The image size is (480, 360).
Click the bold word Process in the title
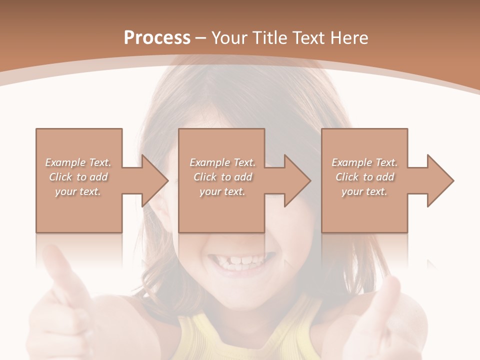point(157,37)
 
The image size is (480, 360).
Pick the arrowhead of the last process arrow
point(440,180)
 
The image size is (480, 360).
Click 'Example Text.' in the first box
point(78,162)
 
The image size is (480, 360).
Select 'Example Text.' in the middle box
point(222,162)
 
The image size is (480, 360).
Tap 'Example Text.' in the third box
point(364,162)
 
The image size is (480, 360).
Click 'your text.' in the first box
point(78,191)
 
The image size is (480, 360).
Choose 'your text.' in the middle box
point(222,191)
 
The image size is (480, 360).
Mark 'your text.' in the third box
point(364,191)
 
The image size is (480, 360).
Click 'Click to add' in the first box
point(78,177)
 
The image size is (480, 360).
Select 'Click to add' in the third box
point(365,177)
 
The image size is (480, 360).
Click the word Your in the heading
point(230,38)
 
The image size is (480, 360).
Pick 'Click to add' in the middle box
point(222,177)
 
